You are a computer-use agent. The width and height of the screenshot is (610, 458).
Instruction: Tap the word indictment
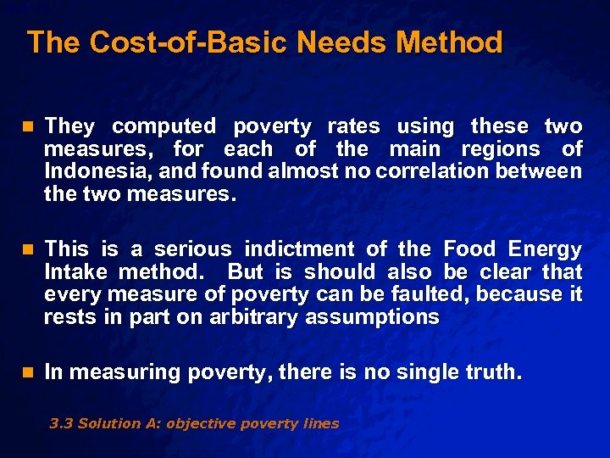pos(301,249)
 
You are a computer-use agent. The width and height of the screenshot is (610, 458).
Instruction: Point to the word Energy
pos(545,249)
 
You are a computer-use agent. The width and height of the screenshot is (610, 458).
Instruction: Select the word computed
pos(164,126)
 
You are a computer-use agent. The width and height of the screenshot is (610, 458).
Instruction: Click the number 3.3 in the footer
pos(61,423)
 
